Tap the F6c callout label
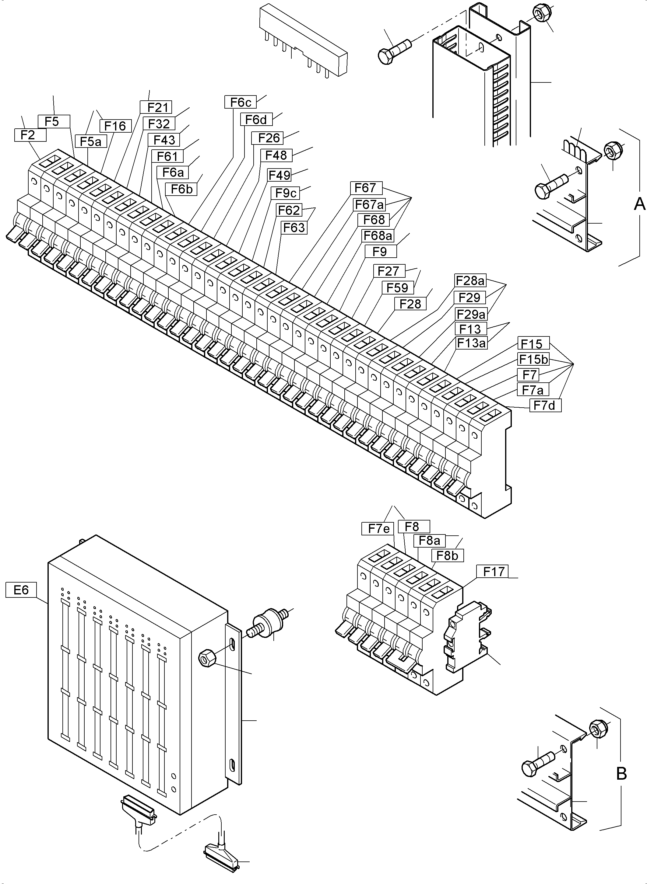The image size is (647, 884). coord(241,102)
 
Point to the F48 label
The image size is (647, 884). coord(276,155)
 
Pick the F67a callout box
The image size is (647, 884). coord(369,204)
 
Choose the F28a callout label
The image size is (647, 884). coord(470,280)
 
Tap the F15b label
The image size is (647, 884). coord(533,359)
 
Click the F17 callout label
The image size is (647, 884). coord(492,572)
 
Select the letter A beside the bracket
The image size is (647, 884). coord(639,204)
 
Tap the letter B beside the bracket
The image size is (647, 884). coord(621,774)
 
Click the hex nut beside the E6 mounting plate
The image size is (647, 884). coord(207,659)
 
